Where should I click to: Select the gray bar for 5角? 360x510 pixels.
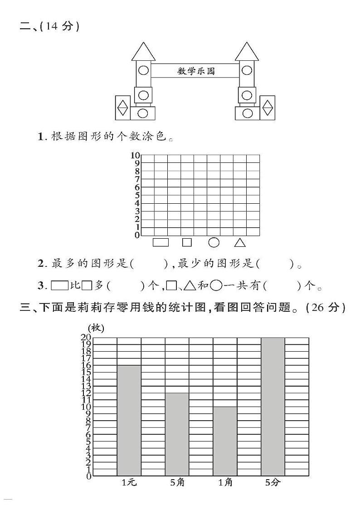coord(177,434)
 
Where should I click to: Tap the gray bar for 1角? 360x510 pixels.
coord(225,441)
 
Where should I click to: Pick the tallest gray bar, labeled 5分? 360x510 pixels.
coord(273,407)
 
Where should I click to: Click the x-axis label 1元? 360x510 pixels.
coord(129,483)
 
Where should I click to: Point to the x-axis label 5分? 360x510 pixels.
coord(273,483)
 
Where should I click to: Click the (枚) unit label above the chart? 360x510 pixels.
coord(96,328)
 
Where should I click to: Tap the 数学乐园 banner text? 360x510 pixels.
coord(196,71)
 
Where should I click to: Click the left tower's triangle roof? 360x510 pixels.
coord(143,51)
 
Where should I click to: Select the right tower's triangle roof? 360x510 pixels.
coord(247,51)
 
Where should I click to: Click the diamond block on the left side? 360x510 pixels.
coord(122,108)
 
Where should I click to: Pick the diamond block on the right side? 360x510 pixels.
coord(268,108)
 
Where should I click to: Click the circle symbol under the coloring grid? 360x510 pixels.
coord(214,242)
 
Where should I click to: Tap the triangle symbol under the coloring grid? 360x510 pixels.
coord(240,243)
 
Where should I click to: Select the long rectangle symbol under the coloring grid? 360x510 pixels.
coord(161,242)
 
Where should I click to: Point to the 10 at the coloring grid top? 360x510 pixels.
coord(135,155)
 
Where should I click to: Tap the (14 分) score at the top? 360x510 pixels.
coord(59,27)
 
